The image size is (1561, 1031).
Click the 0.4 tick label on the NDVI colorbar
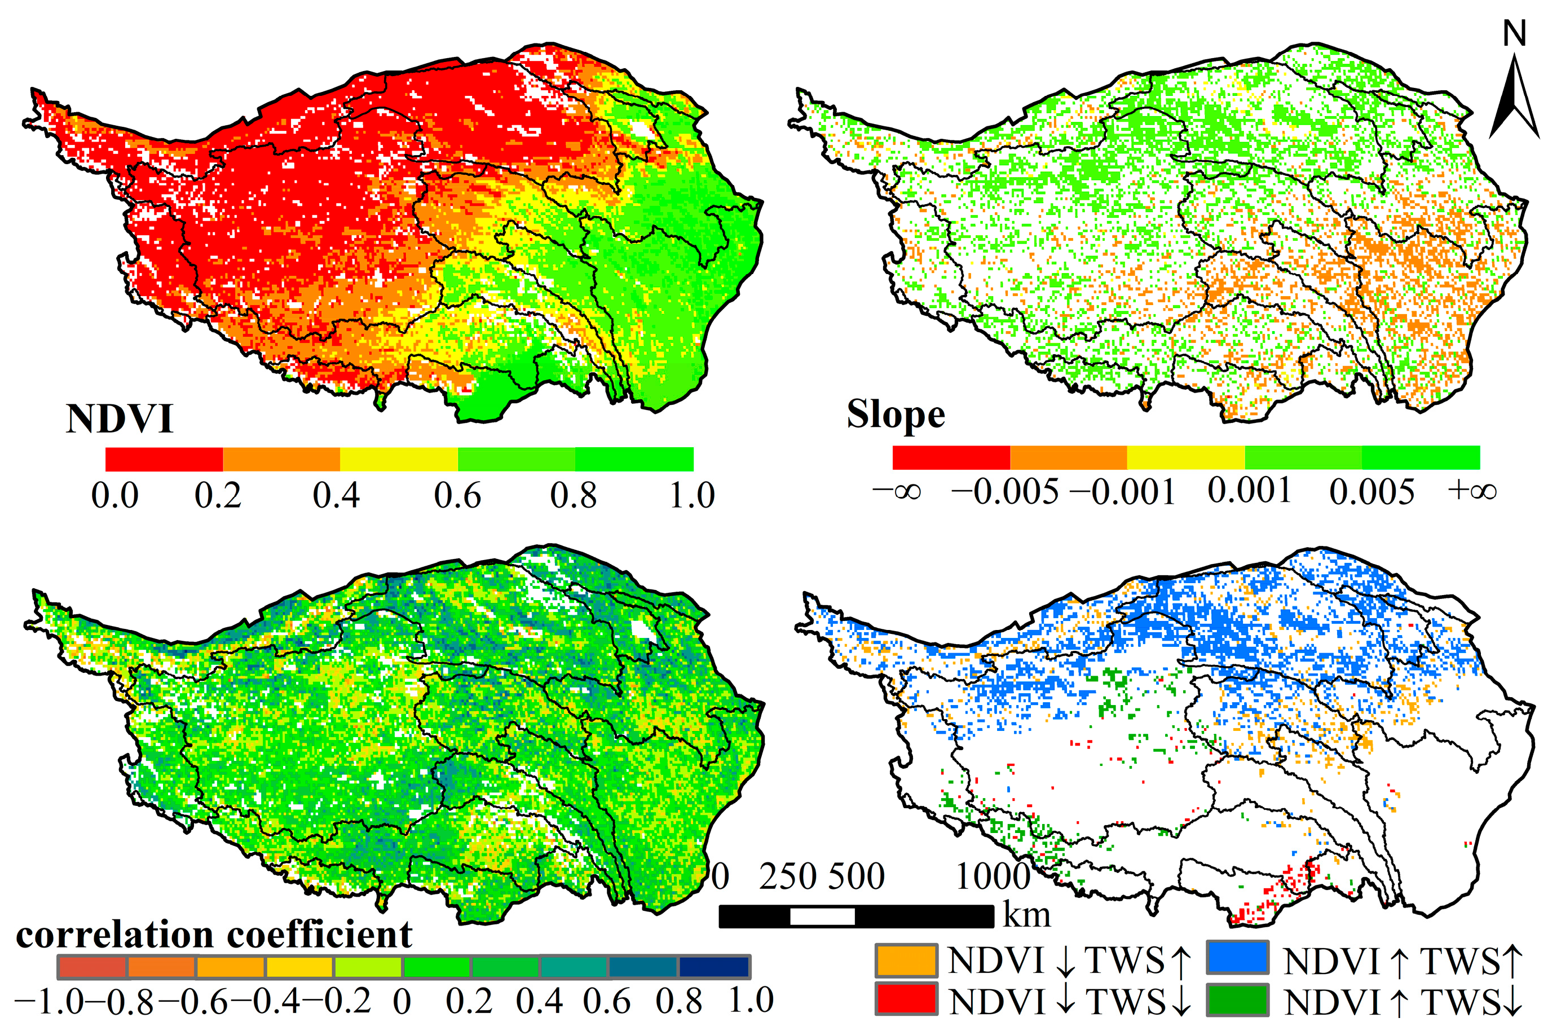[x=336, y=495]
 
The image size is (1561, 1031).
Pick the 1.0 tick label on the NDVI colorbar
[x=691, y=495]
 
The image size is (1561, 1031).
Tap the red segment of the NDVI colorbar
[x=164, y=460]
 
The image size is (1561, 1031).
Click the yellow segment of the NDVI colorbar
[x=398, y=460]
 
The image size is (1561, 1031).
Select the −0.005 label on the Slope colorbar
[x=1005, y=492]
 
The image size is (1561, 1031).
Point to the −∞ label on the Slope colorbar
[x=897, y=492]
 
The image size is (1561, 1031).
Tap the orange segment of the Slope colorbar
[x=1068, y=457]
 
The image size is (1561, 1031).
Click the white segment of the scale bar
[x=822, y=916]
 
